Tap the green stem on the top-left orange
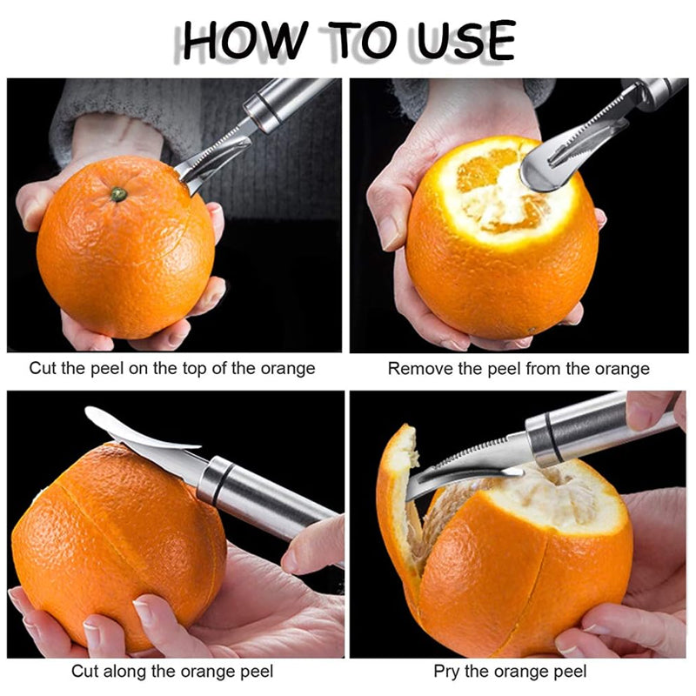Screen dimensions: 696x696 tap(118, 193)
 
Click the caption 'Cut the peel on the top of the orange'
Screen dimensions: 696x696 tap(172, 368)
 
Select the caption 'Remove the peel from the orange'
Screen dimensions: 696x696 tap(519, 369)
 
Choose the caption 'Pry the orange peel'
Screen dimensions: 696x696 tap(510, 671)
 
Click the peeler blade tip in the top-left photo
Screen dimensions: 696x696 tap(187, 178)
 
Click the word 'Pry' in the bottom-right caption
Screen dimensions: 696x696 tap(446, 671)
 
